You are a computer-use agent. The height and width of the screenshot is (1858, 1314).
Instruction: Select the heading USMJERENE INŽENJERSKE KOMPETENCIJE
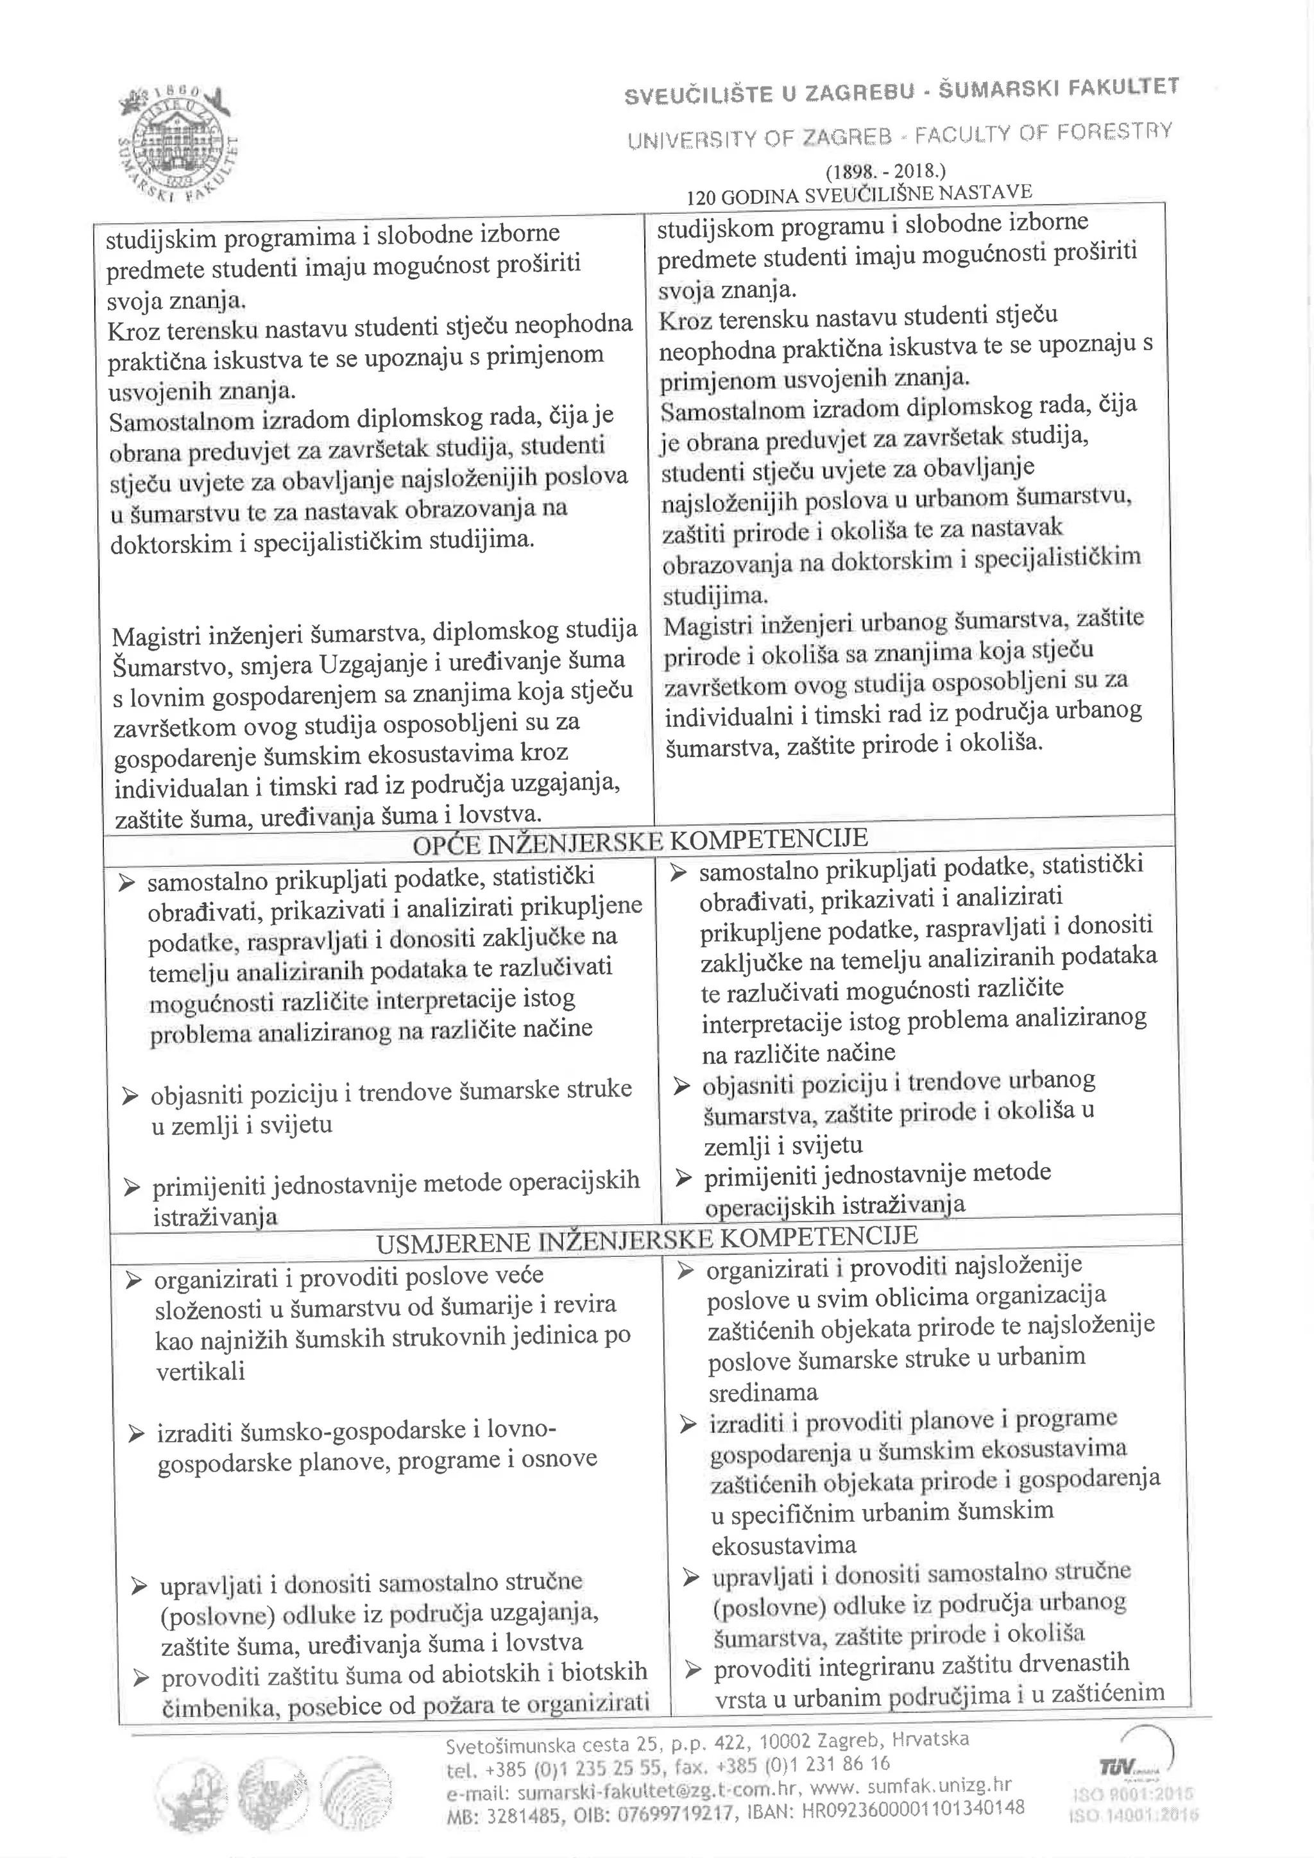[x=647, y=1239]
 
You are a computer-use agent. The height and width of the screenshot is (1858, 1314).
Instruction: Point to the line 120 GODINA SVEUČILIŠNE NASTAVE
[x=858, y=194]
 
